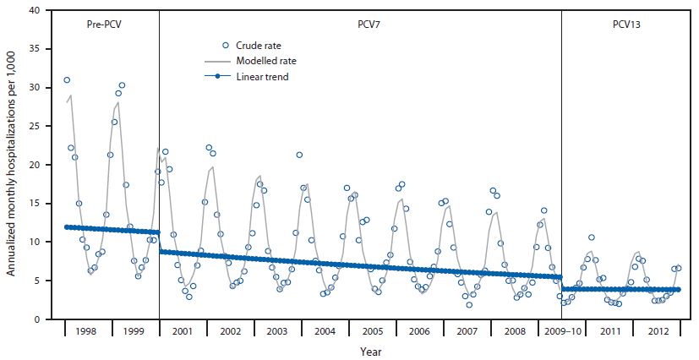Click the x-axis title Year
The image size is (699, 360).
point(369,351)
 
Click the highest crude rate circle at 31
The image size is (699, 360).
point(67,80)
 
